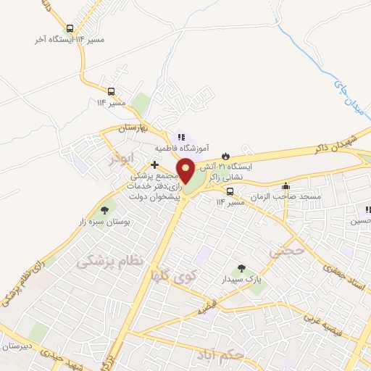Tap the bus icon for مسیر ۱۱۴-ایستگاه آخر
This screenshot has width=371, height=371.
[70, 30]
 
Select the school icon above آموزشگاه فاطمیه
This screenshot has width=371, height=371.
[180, 136]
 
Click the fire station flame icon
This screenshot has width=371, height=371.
[225, 156]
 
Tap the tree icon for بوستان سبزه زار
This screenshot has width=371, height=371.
[105, 209]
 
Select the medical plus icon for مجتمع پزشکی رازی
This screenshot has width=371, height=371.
[154, 164]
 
